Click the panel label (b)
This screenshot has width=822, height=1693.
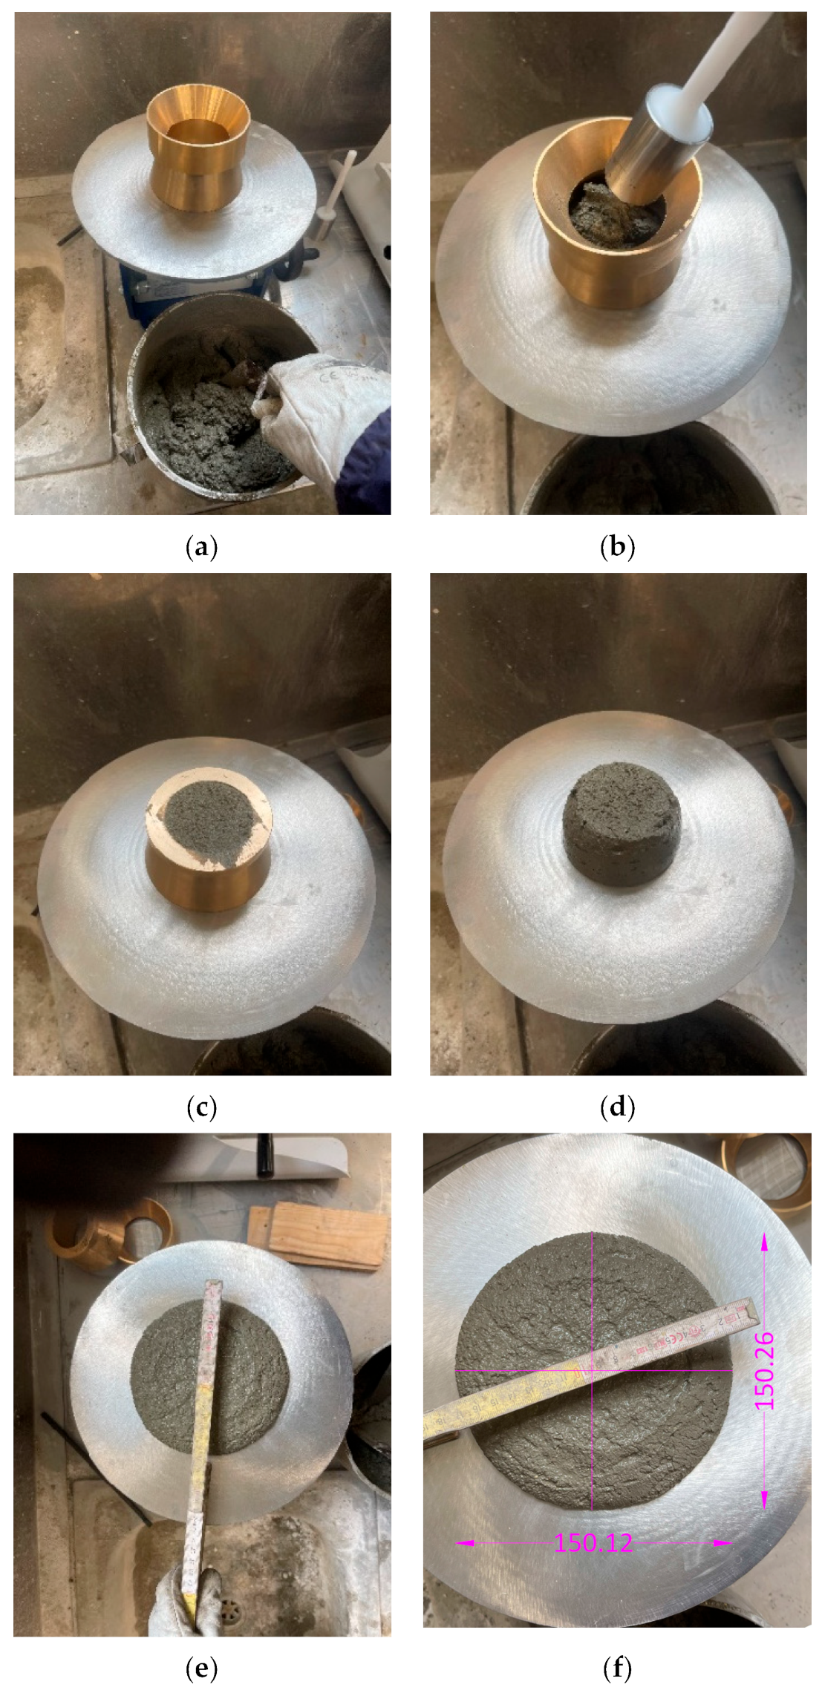click(x=617, y=548)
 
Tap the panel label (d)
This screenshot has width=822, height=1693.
click(x=617, y=1107)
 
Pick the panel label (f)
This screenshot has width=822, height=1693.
click(x=617, y=1669)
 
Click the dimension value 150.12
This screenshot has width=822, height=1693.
click(x=593, y=1543)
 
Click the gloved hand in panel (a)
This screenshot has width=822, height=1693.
click(x=319, y=416)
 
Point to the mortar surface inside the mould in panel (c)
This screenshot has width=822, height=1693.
click(x=212, y=824)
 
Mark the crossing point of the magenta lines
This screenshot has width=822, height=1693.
click(x=592, y=1370)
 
